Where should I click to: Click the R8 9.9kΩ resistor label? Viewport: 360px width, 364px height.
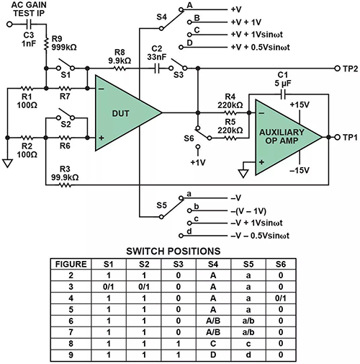pos(120,56)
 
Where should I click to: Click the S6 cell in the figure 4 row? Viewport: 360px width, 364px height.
pos(279,298)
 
